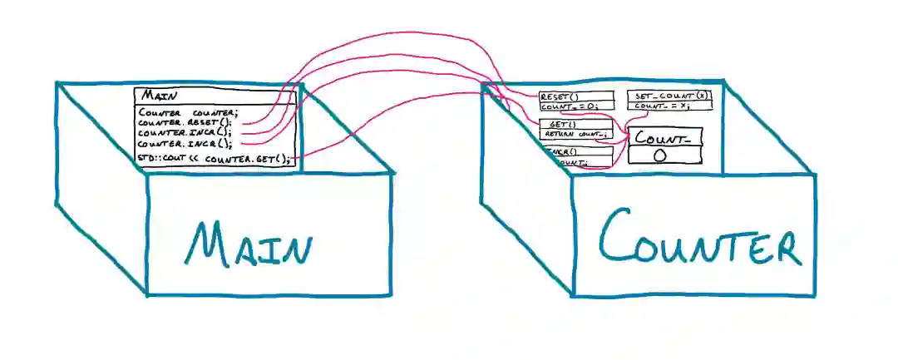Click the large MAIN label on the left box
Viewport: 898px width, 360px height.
click(249, 244)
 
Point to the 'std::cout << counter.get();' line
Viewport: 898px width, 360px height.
click(215, 158)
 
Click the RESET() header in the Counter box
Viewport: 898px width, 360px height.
click(560, 96)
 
